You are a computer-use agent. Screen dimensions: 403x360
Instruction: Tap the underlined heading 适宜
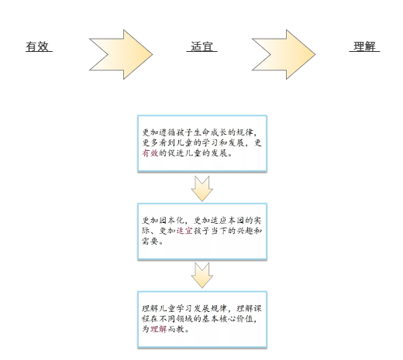pyautogui.click(x=201, y=46)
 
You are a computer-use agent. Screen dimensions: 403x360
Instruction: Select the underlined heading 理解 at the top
pyautogui.click(x=364, y=46)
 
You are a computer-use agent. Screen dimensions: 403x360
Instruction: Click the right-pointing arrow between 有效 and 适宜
pyautogui.click(x=121, y=54)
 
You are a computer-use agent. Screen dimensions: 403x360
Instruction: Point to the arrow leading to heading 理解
pyautogui.click(x=284, y=54)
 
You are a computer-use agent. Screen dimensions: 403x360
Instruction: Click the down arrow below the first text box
pyautogui.click(x=202, y=189)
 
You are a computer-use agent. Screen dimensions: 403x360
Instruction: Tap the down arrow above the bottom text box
pyautogui.click(x=202, y=276)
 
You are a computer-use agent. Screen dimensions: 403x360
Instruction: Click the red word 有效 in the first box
pyautogui.click(x=150, y=153)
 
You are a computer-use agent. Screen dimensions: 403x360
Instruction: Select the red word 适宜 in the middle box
pyautogui.click(x=184, y=231)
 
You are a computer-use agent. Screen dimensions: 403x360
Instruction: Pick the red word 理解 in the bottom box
pyautogui.click(x=159, y=329)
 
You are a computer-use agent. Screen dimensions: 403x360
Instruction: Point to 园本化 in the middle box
pyautogui.click(x=171, y=220)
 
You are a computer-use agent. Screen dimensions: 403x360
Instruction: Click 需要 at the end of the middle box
pyautogui.click(x=150, y=241)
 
